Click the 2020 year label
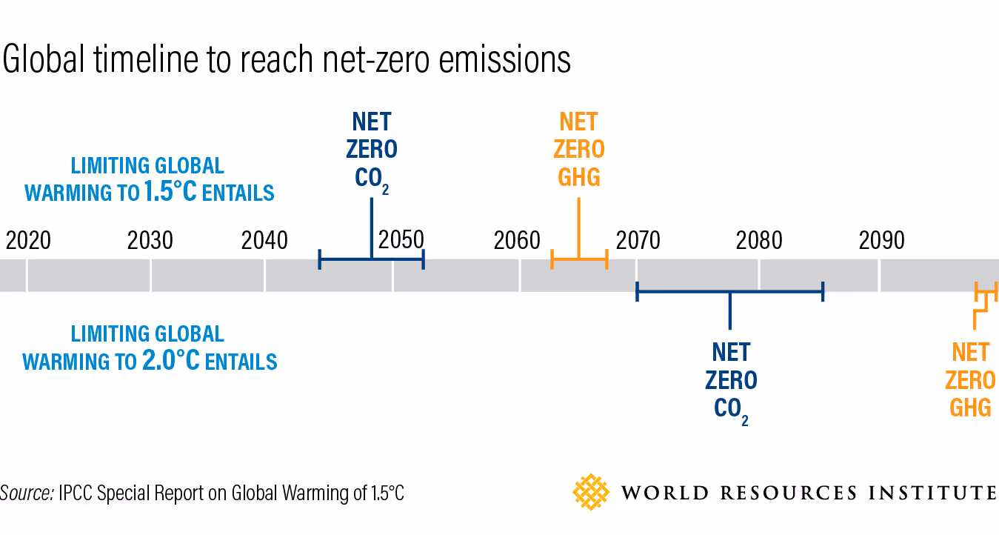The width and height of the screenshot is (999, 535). [28, 241]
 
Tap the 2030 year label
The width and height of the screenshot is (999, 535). [150, 241]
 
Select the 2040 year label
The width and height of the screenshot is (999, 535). [265, 241]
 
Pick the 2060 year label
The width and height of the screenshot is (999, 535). [517, 241]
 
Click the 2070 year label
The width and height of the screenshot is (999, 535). [638, 241]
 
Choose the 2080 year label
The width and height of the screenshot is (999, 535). [760, 241]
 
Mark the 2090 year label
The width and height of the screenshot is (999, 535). [881, 241]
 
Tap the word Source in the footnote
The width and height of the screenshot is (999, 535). [27, 494]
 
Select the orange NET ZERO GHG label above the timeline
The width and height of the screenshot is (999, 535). [578, 150]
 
